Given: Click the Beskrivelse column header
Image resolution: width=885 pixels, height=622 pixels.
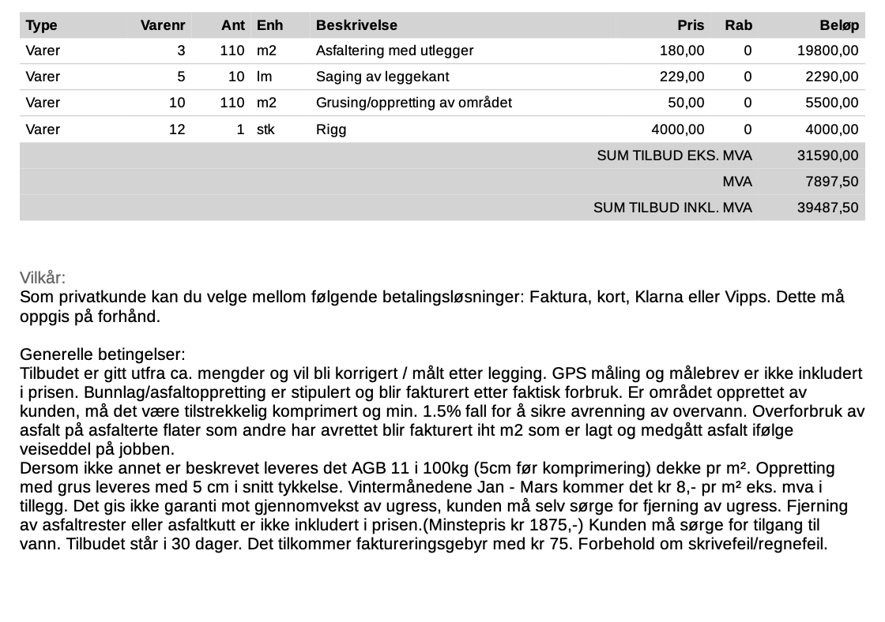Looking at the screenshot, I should point(356,25).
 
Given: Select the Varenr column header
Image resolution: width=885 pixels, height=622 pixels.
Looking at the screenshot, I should point(162,25).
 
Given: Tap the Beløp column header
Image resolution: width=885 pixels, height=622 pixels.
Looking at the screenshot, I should point(838,25).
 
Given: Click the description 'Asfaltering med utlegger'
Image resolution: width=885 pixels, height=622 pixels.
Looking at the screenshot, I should point(394,51).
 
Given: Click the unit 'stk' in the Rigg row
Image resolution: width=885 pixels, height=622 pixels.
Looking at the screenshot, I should point(265,129).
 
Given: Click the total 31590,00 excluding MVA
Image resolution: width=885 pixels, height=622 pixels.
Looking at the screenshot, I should point(828,155).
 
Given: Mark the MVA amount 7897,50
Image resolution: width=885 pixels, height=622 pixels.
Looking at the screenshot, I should point(832,182).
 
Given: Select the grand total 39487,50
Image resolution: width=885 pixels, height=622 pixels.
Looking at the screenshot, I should point(828,208).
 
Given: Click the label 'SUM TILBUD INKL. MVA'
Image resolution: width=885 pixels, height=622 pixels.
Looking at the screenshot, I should point(672,208).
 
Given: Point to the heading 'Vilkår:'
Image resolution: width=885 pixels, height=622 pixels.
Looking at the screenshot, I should point(43,279).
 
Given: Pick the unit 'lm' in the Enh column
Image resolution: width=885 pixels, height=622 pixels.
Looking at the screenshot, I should point(264,77).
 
